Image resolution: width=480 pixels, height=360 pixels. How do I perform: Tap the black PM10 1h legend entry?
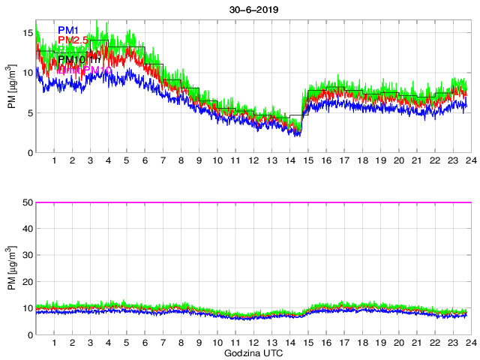(79, 60)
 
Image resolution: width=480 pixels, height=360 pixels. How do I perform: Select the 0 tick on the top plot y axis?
(28, 153)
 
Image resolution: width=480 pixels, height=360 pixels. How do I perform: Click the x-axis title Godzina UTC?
(253, 352)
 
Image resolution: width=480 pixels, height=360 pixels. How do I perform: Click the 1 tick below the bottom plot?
(55, 343)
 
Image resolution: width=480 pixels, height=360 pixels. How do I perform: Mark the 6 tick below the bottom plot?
(145, 343)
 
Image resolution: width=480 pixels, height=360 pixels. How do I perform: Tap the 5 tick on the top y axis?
(28, 113)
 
